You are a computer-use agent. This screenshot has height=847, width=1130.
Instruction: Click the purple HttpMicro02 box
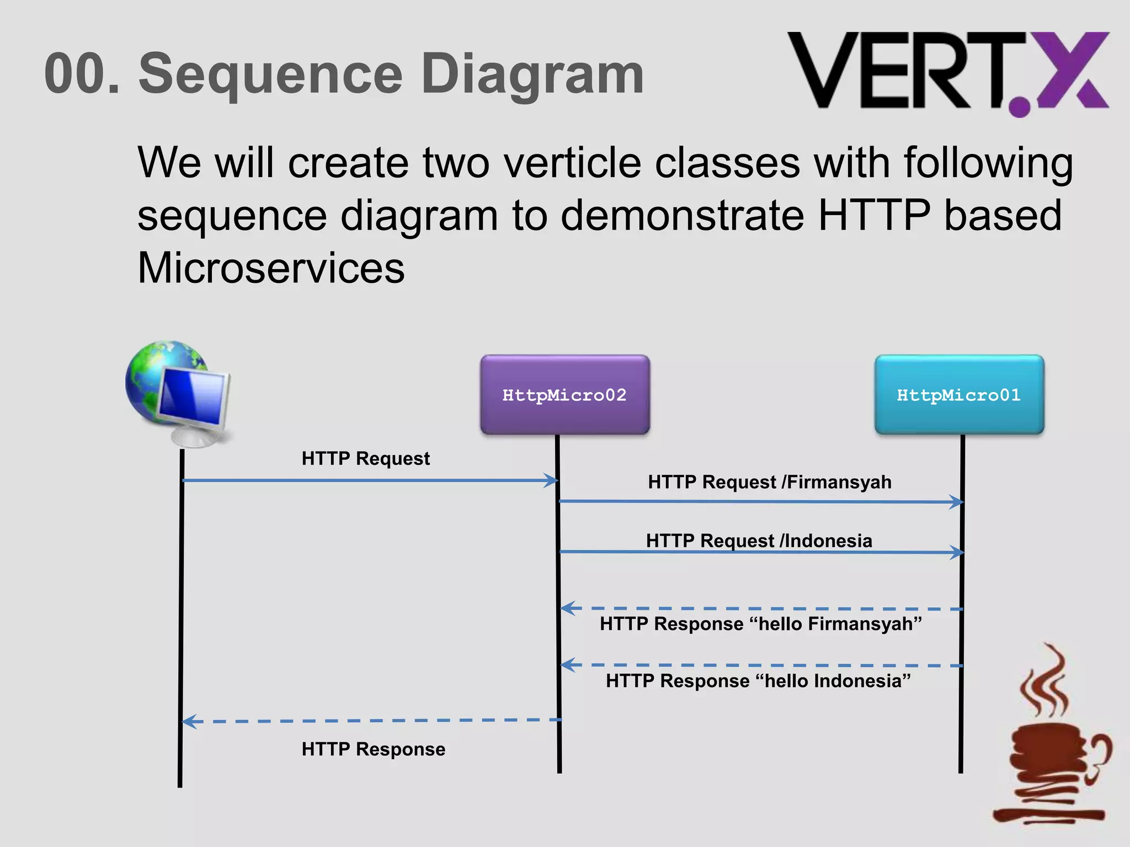coord(564,395)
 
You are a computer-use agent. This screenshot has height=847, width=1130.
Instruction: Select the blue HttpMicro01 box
coord(959,395)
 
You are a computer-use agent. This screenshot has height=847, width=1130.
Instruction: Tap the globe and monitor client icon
coord(177,392)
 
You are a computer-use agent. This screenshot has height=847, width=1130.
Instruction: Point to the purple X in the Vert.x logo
coord(1073,69)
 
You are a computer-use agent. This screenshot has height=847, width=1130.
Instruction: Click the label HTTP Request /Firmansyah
coord(769,482)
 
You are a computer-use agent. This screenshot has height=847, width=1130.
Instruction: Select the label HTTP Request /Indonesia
coord(759,540)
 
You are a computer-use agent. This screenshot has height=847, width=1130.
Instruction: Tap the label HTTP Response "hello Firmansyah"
coord(760,624)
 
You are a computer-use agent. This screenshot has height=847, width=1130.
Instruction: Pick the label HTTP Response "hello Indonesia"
coord(758,681)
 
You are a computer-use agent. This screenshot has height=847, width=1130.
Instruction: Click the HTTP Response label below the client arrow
coord(373,749)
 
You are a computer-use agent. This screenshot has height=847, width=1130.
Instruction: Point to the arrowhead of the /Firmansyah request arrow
coord(957,502)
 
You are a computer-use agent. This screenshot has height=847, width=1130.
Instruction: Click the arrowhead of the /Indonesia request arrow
coord(958,552)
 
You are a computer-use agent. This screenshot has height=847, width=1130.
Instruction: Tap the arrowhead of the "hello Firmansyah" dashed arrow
coord(567,608)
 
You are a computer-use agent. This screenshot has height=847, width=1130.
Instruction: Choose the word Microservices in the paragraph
coord(271,268)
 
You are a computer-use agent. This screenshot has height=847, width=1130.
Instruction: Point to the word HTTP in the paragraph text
coord(874,215)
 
